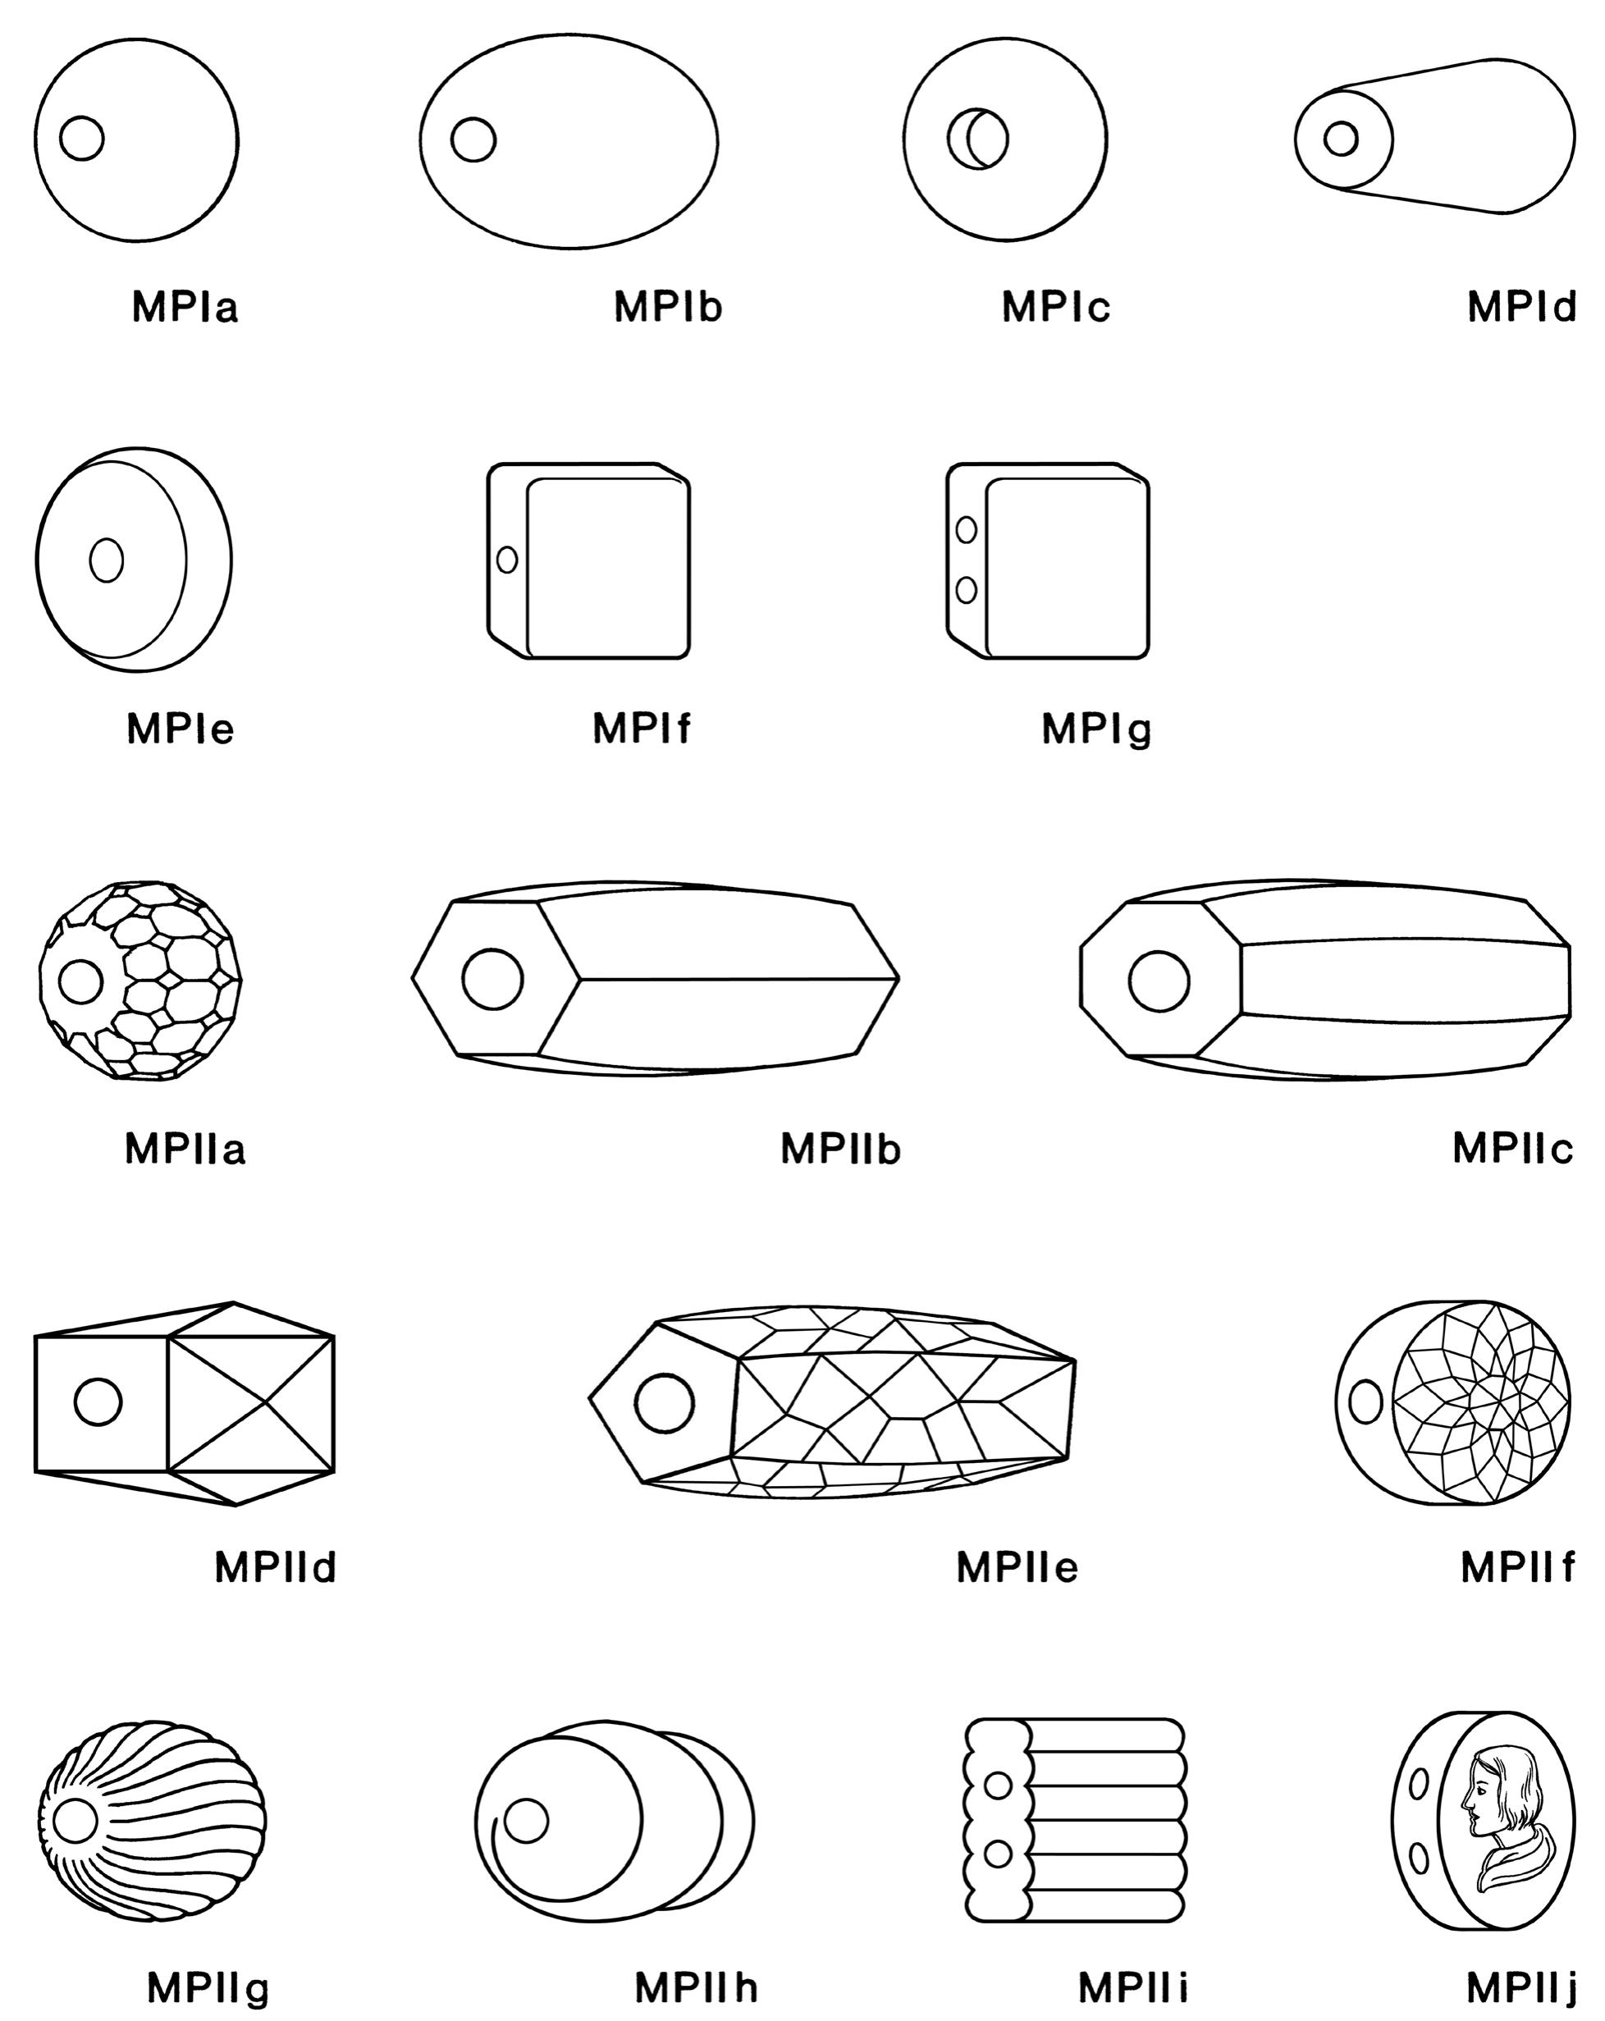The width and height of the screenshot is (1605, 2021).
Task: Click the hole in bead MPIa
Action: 81,139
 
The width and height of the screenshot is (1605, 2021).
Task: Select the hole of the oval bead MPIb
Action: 473,139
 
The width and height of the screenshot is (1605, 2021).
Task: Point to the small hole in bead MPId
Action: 1341,138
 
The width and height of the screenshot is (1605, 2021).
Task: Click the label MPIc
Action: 1055,308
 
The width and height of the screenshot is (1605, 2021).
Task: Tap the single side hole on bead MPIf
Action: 507,560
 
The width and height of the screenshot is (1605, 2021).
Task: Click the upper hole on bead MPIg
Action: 966,529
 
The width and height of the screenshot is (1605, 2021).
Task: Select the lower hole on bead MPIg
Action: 966,590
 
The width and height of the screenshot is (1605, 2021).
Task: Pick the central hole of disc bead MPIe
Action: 106,560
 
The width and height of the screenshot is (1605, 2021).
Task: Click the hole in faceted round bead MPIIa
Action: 80,981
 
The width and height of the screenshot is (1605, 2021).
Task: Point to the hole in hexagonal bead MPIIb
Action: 492,979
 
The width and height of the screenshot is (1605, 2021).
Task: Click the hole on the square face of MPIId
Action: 98,1402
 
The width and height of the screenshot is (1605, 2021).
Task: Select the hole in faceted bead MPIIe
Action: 664,1402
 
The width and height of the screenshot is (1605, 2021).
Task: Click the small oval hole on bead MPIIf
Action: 1365,1402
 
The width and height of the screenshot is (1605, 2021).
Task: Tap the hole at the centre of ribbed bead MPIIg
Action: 74,1822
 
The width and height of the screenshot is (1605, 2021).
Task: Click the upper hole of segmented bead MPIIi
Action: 999,1786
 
